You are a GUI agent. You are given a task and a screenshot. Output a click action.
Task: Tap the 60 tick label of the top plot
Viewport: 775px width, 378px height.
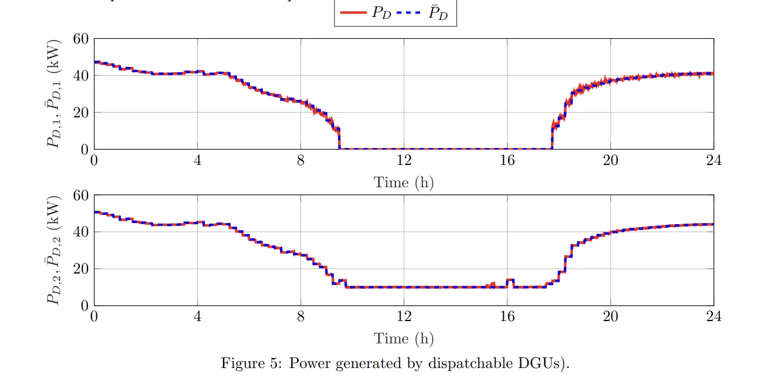click(x=80, y=39)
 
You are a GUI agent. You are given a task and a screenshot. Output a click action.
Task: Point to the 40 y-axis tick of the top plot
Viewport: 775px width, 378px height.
click(x=80, y=76)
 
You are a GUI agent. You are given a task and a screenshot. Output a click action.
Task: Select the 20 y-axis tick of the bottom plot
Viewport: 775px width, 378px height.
click(x=80, y=269)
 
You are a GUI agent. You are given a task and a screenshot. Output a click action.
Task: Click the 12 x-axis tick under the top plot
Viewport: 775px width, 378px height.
click(x=404, y=160)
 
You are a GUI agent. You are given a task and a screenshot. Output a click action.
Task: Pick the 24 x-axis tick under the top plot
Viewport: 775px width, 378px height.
click(x=713, y=160)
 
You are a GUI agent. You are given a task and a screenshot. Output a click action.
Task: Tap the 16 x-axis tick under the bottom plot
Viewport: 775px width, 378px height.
click(x=507, y=317)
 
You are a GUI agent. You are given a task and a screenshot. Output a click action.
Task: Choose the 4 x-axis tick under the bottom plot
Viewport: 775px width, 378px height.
click(x=197, y=317)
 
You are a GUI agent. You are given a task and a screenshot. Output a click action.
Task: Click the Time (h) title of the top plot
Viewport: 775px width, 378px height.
click(x=404, y=182)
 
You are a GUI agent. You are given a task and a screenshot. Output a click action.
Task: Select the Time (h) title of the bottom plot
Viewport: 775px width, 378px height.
click(x=404, y=338)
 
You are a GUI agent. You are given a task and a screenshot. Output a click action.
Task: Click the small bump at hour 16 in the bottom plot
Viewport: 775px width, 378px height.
click(x=510, y=281)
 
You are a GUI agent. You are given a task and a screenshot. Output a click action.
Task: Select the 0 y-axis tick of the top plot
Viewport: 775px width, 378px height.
click(x=84, y=149)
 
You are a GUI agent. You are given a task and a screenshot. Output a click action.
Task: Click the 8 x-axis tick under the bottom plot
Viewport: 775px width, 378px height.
click(x=300, y=317)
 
